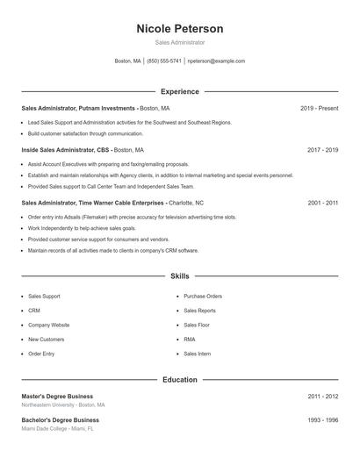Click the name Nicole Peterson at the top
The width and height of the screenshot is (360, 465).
coord(179,29)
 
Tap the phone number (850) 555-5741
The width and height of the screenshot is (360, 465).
coord(164,61)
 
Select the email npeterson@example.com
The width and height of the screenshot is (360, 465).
coord(217,61)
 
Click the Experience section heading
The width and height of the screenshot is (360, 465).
coord(179,91)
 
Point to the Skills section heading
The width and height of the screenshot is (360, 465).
coord(179,276)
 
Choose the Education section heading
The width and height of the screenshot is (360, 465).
coord(179,380)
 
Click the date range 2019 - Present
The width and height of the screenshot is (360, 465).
coord(319,109)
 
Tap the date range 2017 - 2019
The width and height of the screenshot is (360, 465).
coord(322,150)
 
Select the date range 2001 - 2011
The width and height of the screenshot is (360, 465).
coord(322,203)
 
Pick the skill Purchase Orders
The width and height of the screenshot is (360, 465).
coord(202,297)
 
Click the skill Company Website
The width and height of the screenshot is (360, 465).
coord(48,325)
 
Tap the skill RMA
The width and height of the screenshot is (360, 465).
coord(190,339)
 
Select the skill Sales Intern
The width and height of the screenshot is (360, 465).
coord(197,354)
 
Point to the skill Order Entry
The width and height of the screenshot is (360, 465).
coord(41,354)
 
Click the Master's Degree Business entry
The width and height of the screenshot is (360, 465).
coord(57,397)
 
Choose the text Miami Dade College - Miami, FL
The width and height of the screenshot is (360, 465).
coord(57,429)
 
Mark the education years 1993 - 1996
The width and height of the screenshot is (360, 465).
coord(322,420)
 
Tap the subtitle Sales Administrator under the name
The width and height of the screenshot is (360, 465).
coord(179,42)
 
